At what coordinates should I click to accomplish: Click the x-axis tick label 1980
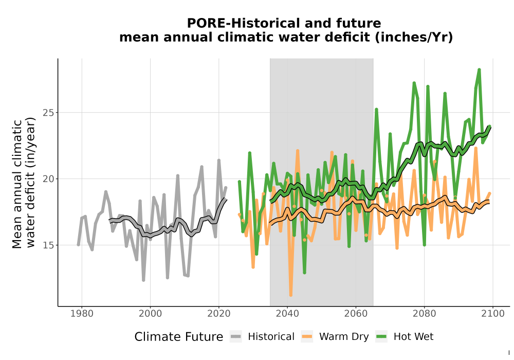[82, 313]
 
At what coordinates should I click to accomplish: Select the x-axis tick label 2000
[150, 313]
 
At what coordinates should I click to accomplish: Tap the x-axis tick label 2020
[218, 313]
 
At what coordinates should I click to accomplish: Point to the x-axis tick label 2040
[287, 313]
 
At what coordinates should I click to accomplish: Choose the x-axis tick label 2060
[356, 313]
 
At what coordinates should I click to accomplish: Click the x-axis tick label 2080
[424, 313]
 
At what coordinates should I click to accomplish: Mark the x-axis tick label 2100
[493, 313]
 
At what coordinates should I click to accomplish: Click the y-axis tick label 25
[48, 113]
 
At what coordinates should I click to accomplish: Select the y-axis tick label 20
[48, 179]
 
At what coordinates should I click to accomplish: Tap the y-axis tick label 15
[48, 245]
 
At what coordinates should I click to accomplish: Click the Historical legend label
[271, 337]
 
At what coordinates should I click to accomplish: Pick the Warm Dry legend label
[344, 337]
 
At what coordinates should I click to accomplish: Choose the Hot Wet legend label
[413, 337]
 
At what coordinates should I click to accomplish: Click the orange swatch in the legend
[307, 337]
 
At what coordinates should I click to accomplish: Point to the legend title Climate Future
[179, 337]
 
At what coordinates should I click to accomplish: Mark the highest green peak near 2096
[479, 70]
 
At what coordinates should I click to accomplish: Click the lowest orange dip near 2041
[291, 295]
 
